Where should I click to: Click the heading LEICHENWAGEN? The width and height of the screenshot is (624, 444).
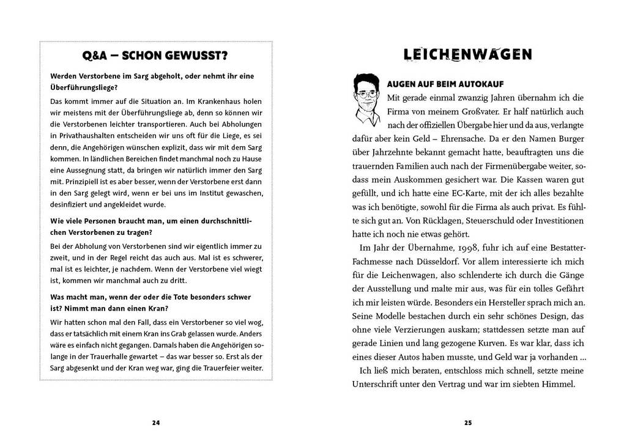(468, 54)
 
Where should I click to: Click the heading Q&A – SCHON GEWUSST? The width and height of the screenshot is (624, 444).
(154, 56)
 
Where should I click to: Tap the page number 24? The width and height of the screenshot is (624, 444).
(155, 422)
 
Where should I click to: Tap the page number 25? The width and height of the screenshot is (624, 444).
(468, 422)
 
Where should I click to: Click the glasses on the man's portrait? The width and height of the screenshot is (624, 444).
(366, 95)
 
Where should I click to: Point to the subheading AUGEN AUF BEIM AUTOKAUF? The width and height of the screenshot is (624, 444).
(445, 83)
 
